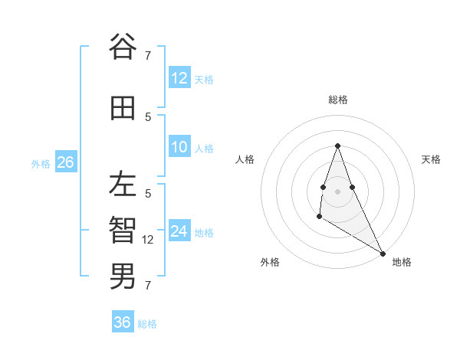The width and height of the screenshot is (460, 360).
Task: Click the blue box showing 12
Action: [179, 77]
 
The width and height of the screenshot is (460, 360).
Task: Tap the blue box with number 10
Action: [179, 147]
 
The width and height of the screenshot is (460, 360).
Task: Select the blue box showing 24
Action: [179, 231]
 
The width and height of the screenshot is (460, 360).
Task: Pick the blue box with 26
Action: [65, 162]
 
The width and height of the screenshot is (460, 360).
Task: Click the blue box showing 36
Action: [123, 322]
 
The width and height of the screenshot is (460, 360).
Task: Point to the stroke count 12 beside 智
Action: [148, 240]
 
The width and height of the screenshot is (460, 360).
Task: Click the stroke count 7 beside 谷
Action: [148, 54]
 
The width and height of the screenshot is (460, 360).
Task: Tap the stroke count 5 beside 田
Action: [148, 117]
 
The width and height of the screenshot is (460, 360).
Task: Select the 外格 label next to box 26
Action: [41, 163]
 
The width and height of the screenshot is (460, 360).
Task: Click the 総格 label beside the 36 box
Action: [147, 324]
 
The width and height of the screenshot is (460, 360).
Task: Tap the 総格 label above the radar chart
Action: [337, 100]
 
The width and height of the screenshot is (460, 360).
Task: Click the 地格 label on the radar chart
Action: [402, 262]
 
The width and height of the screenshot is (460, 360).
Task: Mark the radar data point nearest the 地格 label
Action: [383, 254]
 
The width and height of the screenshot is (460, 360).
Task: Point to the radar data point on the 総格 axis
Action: [337, 146]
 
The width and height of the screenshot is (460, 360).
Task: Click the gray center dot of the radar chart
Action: [337, 191]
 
